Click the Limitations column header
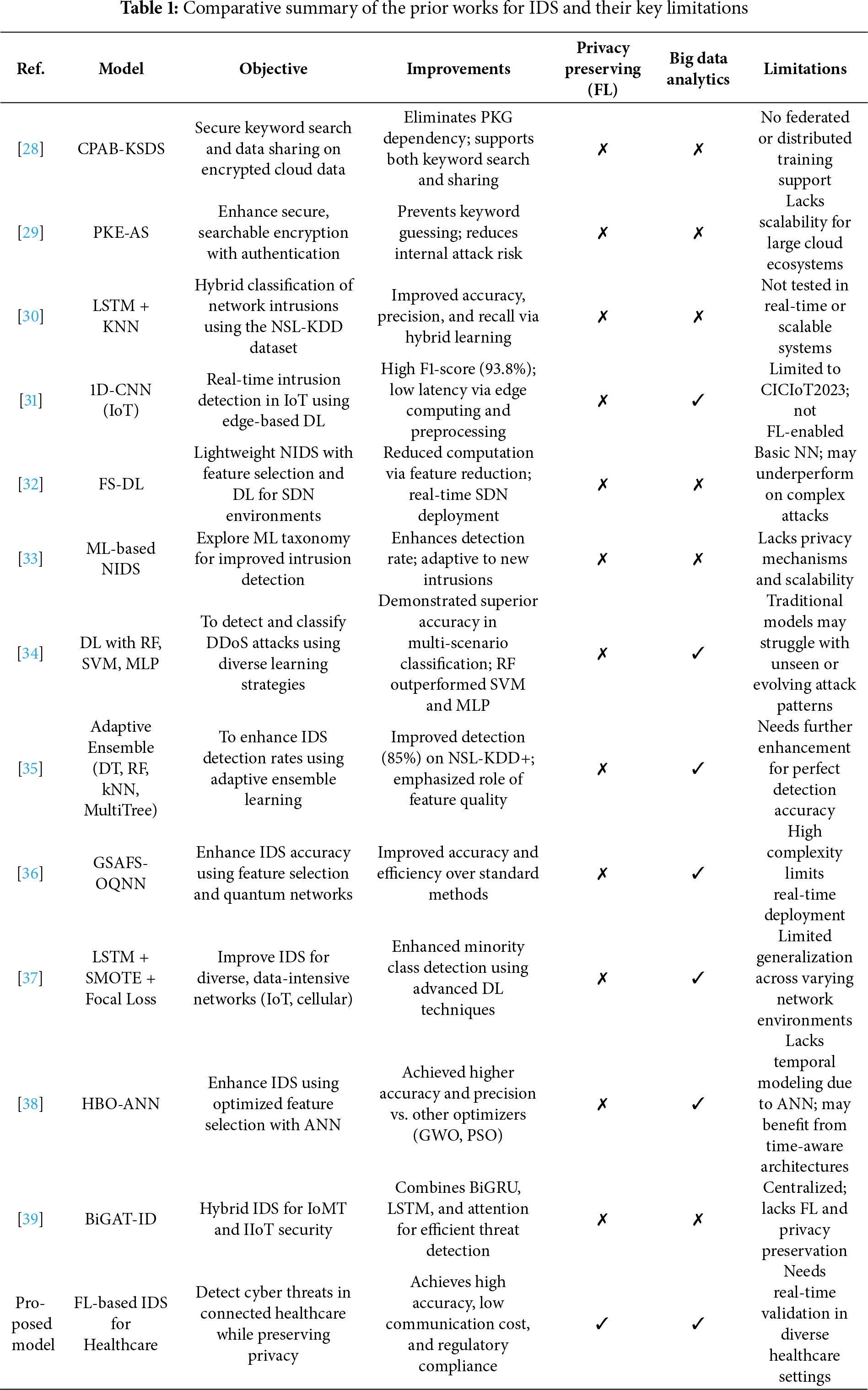pyautogui.click(x=804, y=69)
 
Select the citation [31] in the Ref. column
pyautogui.click(x=30, y=400)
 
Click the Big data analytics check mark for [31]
pyautogui.click(x=697, y=400)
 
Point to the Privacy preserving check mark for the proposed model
pyautogui.click(x=602, y=1324)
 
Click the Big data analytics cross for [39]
pyautogui.click(x=697, y=1219)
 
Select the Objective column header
pyautogui.click(x=273, y=69)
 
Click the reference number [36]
pyautogui.click(x=30, y=873)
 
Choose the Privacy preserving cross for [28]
pyautogui.click(x=602, y=149)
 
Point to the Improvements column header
pyautogui.click(x=458, y=69)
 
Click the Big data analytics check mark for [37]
pyautogui.click(x=697, y=977)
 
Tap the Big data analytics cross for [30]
pyautogui.click(x=697, y=317)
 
